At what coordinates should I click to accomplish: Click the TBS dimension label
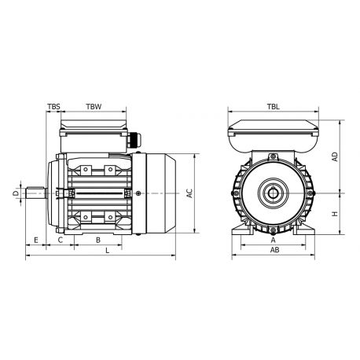(53, 105)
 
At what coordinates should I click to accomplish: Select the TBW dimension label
(93, 105)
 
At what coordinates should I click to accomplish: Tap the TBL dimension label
(272, 105)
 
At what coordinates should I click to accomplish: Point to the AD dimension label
(336, 156)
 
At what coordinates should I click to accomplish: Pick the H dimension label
(336, 213)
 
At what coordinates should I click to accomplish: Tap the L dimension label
(107, 251)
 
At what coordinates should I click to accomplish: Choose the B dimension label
(97, 239)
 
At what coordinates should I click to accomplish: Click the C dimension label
(61, 239)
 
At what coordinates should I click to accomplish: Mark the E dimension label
(36, 239)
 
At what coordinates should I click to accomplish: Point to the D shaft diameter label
(15, 192)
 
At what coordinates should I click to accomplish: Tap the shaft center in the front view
(273, 192)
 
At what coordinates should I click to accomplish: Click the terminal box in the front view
(272, 134)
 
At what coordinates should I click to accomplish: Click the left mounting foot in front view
(240, 228)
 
